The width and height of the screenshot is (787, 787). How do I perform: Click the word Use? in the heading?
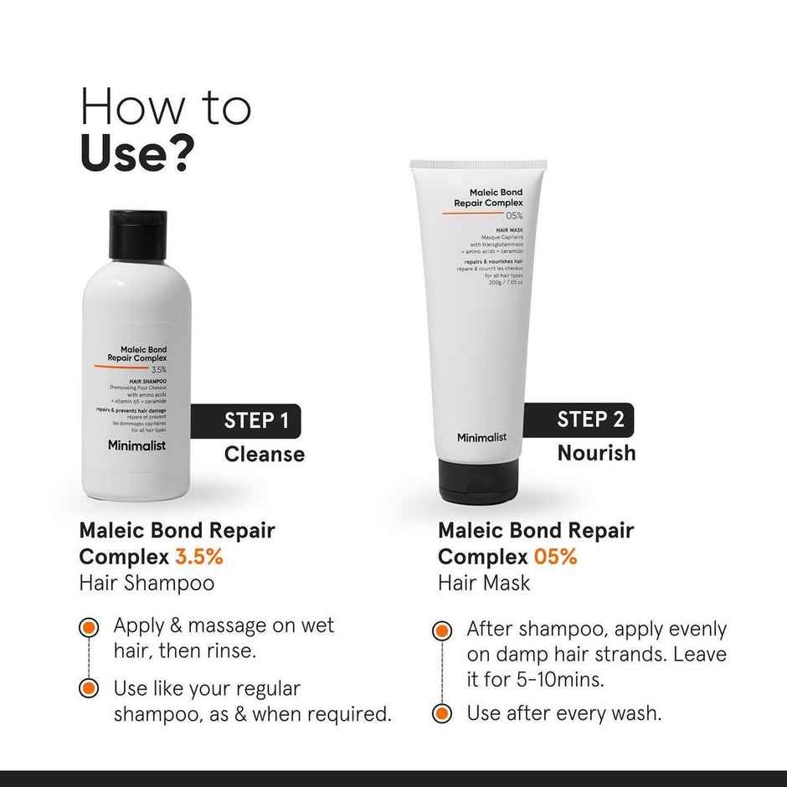pos(138,152)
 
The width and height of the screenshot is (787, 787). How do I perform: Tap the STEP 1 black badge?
pos(256,420)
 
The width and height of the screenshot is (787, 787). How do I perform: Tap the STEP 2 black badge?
pos(589,419)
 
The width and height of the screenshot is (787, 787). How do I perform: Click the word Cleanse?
pos(264,455)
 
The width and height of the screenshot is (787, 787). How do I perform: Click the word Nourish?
pos(596,453)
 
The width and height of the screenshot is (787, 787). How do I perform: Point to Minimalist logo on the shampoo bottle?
pos(136,445)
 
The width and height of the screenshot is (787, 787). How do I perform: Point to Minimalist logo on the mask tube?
pos(481,437)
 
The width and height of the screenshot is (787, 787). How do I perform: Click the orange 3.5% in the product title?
pos(198,557)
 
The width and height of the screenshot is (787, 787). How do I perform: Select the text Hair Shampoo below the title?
pos(147,584)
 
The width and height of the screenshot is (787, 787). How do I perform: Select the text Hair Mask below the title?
pos(484,584)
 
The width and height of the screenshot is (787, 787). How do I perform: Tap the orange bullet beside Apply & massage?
pos(89,627)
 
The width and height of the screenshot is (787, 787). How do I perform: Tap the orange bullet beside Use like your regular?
pos(89,689)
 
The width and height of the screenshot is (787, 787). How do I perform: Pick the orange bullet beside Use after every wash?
pos(442,714)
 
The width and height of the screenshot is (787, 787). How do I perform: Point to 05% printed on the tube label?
pos(514,216)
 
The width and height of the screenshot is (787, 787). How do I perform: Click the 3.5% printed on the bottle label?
pos(158,369)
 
